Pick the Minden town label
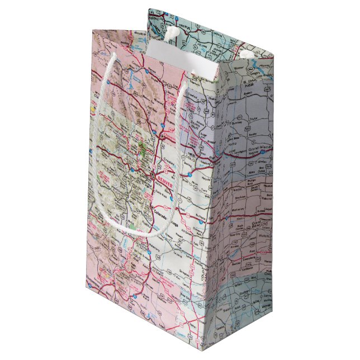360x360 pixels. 247,162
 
